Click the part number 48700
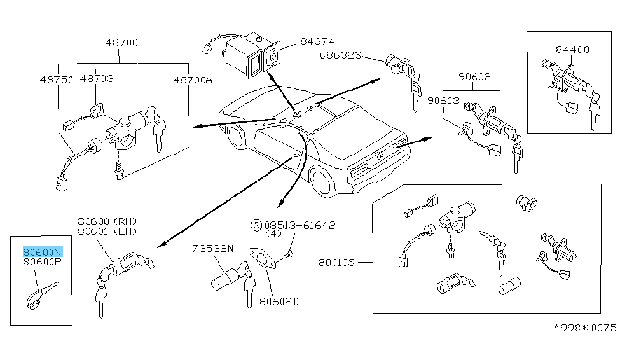122,43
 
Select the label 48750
56,80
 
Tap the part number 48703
97,79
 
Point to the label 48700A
193,80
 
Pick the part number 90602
474,77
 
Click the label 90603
444,100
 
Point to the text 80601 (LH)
106,231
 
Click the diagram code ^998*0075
585,328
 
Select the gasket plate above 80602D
261,260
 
